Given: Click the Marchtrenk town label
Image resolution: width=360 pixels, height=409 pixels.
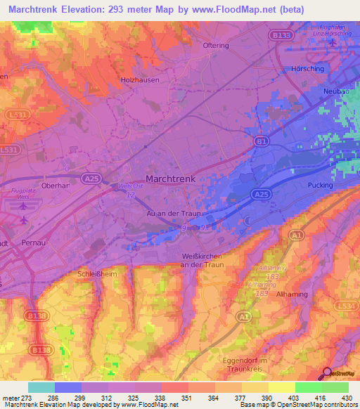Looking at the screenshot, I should click(170, 178).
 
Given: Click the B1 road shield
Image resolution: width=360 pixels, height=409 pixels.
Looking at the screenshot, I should click(262, 141).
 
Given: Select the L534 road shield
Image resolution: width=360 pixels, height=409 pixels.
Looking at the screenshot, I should click(348, 306).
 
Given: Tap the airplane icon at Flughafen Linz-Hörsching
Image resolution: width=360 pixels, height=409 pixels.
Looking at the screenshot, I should click(333, 44).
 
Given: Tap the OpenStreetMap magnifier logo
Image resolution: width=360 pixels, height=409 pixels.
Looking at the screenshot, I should click(328, 373).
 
